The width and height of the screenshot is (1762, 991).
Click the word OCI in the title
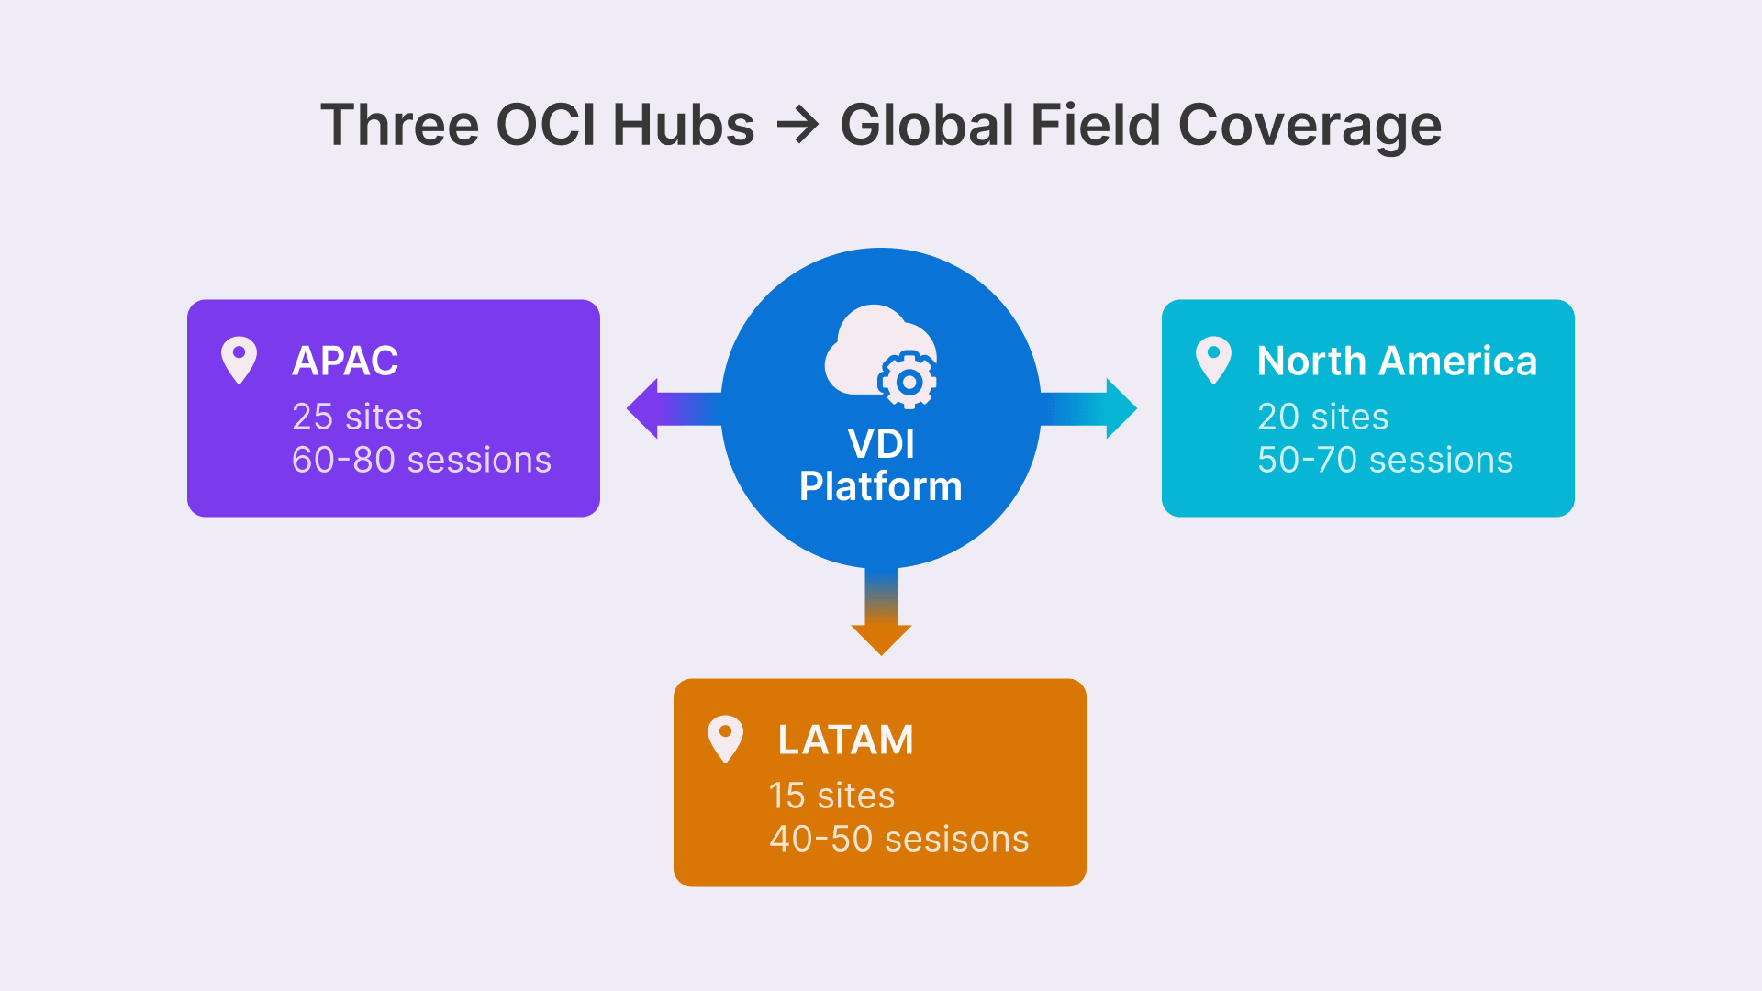545,125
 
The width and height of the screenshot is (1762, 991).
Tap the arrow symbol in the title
797,126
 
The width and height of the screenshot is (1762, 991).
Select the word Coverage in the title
1310,126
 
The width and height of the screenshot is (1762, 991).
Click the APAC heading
345,361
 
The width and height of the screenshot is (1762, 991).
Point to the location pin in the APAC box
239,360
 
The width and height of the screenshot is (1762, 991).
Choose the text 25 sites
357,417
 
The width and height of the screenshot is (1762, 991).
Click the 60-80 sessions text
421,460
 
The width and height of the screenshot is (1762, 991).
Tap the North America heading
1397,361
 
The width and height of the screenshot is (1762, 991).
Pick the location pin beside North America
1213,360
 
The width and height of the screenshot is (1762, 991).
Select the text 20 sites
1322,417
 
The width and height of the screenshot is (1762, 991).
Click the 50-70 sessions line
1385,460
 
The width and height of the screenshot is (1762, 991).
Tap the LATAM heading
845,740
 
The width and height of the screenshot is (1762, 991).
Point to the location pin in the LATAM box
725,739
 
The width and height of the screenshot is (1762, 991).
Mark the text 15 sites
831,796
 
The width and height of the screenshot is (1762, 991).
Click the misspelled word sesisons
956,839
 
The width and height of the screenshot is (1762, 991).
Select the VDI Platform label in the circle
881,465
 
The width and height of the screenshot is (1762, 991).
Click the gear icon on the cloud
908,380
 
